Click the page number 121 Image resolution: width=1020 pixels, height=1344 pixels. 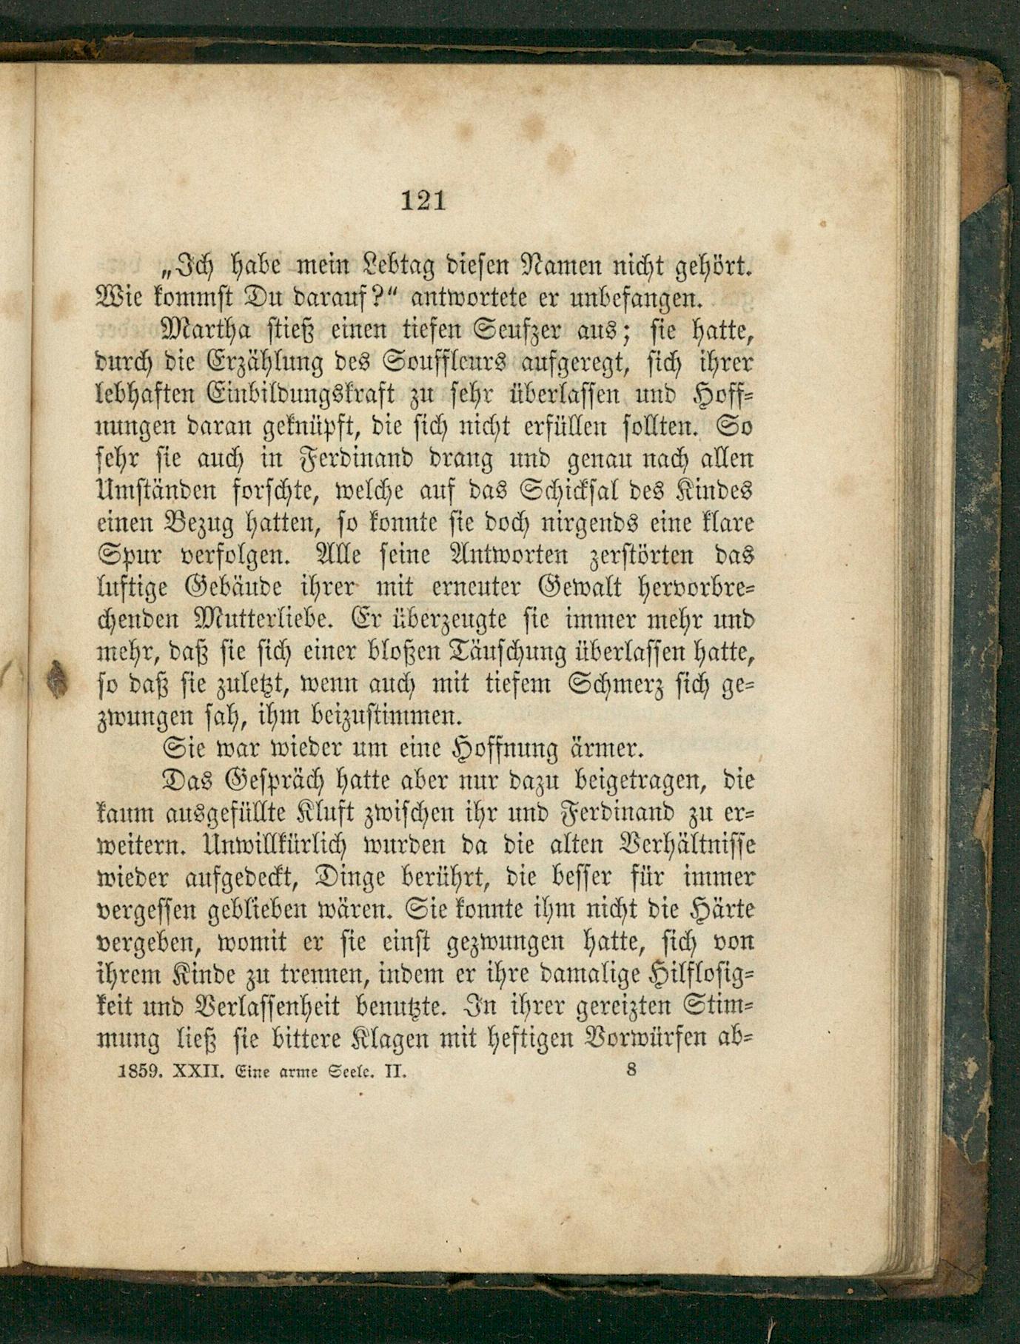pos(423,201)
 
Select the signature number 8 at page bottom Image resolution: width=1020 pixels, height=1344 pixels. pos(631,1069)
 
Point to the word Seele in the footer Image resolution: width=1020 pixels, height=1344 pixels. pos(358,1070)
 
